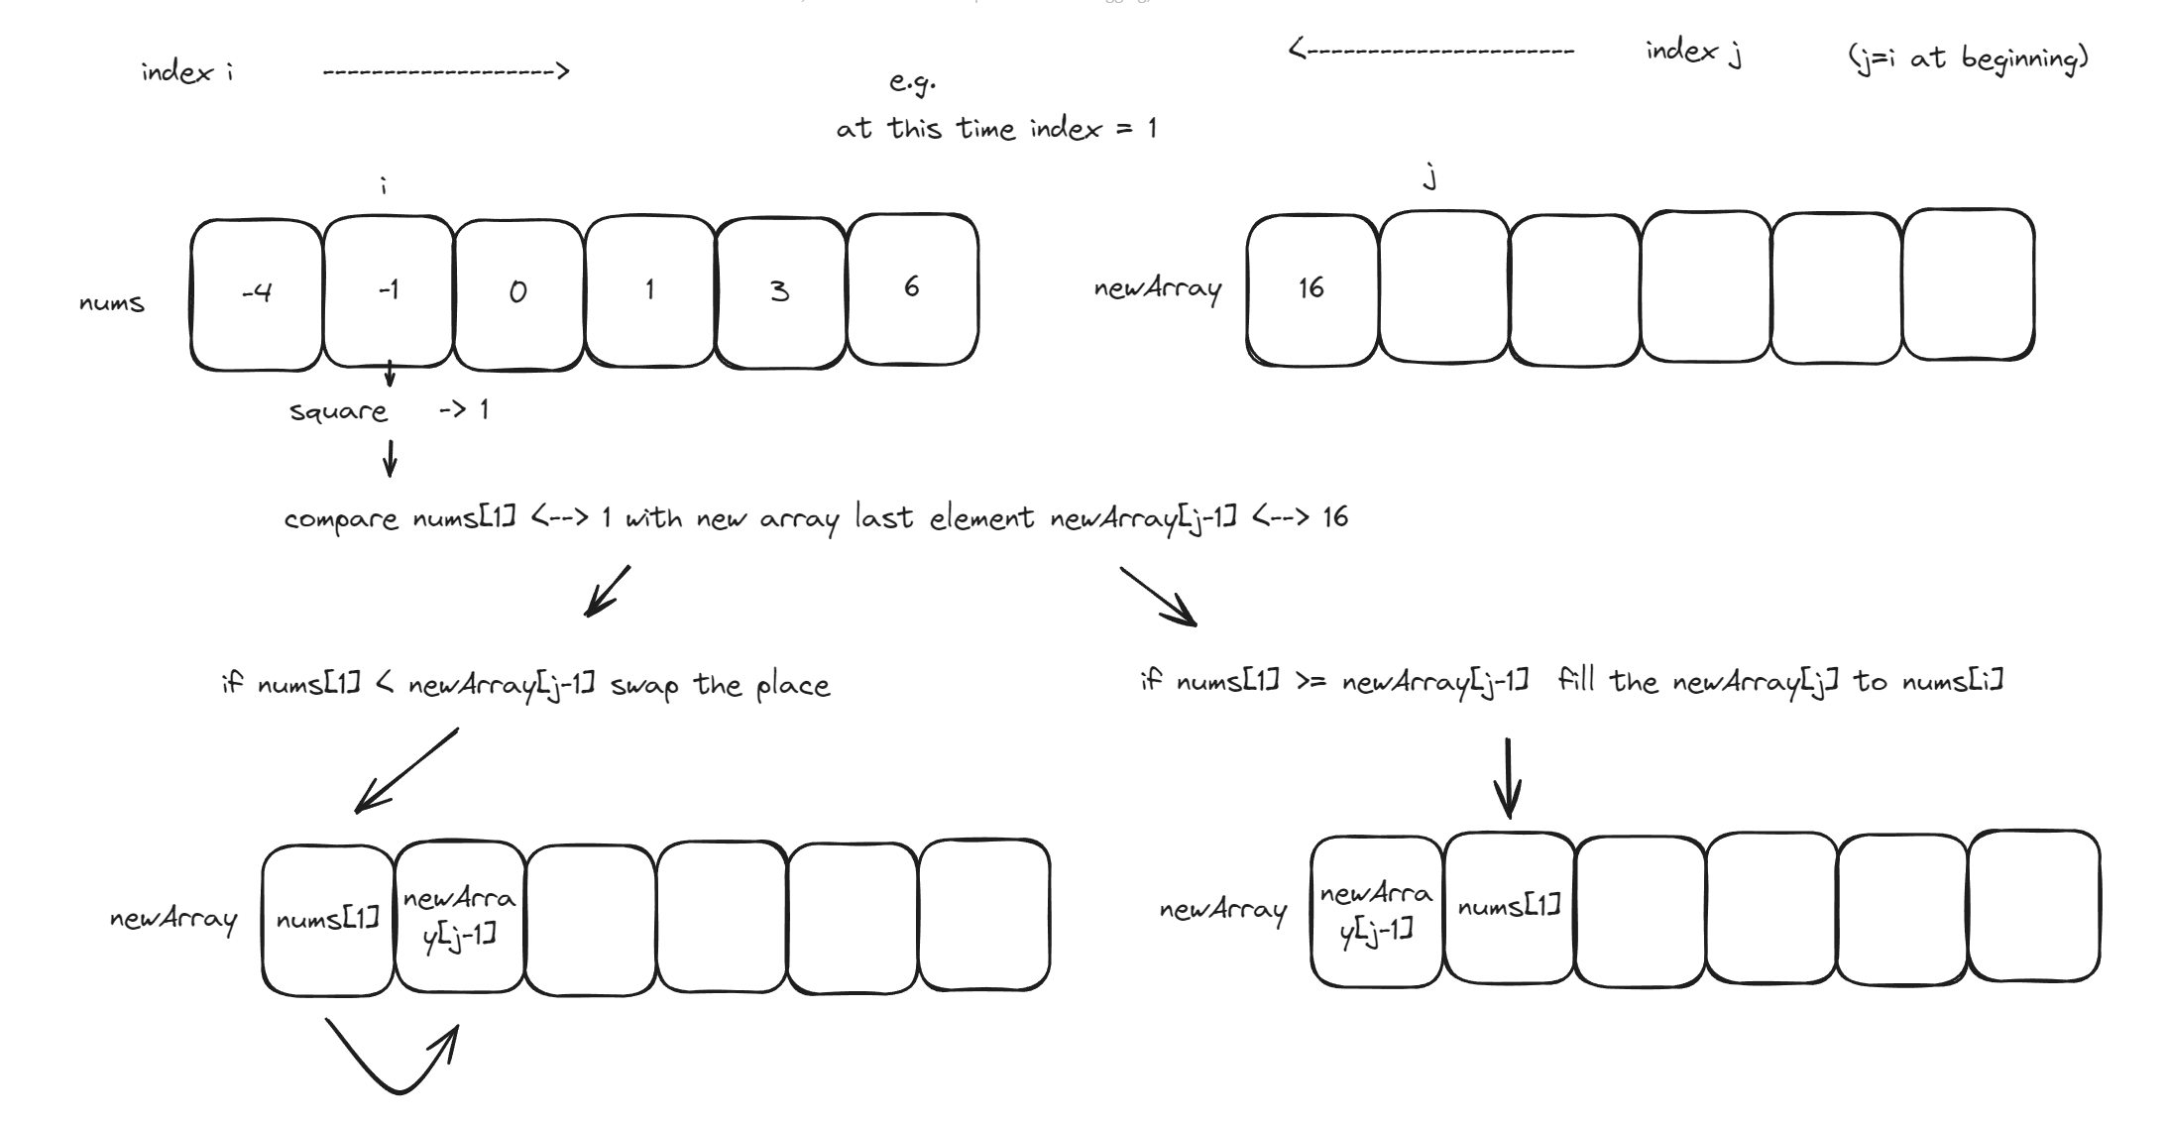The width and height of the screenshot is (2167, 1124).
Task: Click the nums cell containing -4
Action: coord(257,293)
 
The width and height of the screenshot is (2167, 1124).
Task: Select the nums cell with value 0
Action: coord(518,293)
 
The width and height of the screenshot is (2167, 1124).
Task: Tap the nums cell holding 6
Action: coord(912,289)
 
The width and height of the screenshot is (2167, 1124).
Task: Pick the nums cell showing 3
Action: coord(780,292)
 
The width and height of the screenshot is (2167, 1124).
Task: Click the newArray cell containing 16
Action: coord(1312,289)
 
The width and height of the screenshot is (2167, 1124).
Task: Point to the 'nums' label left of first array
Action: coord(112,303)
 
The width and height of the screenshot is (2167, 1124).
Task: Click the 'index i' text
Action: coord(187,72)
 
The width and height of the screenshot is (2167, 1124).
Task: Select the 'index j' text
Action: coord(1693,52)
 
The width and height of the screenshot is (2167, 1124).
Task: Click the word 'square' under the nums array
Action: coord(338,411)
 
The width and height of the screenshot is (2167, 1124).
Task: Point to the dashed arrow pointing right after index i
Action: coord(446,71)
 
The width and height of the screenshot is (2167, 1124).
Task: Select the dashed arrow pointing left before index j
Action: coord(1430,51)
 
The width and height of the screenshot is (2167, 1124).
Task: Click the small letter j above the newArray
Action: coord(1429,178)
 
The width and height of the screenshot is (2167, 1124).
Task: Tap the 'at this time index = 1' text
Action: coord(996,129)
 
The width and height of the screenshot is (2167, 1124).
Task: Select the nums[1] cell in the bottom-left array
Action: coord(328,920)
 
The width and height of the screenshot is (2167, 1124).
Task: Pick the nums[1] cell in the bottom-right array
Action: coord(1509,908)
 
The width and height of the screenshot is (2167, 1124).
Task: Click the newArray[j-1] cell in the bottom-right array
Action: coord(1376,911)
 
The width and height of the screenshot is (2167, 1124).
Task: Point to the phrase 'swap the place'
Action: coord(720,685)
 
